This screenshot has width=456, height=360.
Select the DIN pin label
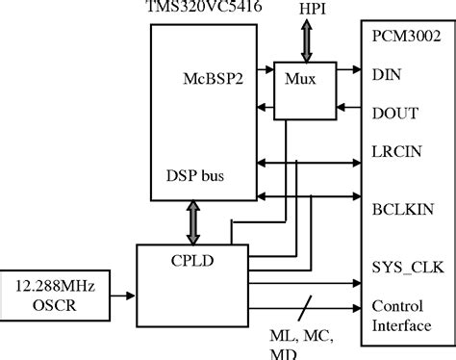coord(387,72)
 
